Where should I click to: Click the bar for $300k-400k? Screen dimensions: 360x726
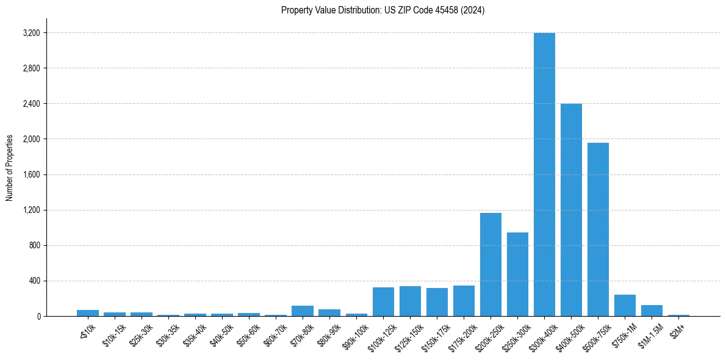(544, 175)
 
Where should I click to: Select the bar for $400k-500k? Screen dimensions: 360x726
(571, 210)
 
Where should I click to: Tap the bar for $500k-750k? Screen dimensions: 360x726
(598, 229)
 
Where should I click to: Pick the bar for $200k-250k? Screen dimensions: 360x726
(491, 265)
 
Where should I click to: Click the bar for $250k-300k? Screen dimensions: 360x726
(517, 275)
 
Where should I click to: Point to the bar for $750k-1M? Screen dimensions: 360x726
(625, 306)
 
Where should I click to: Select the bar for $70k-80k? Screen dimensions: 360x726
(303, 311)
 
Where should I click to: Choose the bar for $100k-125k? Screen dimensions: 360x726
(383, 302)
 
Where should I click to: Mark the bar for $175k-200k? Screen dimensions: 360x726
(464, 301)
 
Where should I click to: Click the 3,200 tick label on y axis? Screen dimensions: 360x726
(31, 33)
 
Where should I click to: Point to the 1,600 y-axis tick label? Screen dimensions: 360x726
(31, 175)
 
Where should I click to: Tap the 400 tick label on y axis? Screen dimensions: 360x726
(34, 281)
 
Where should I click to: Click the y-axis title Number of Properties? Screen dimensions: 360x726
(9, 167)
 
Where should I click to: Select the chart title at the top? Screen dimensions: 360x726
(383, 10)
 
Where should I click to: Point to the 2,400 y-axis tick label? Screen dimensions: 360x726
(31, 104)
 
